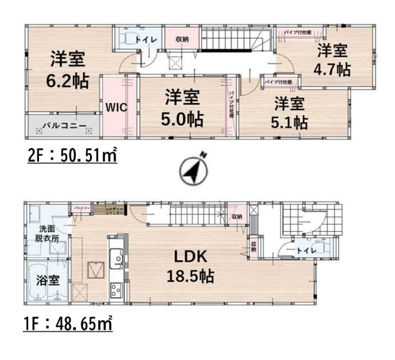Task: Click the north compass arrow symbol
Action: pos(193,169)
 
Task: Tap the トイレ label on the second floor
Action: pos(144,39)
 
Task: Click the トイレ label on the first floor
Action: pos(306,250)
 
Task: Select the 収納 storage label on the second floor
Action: pos(182,40)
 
